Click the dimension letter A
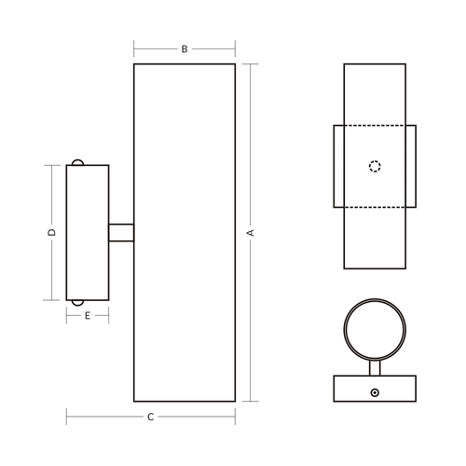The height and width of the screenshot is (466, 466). pos(251,233)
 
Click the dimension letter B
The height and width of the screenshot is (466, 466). pos(185,49)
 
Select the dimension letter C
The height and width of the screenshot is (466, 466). pos(151,417)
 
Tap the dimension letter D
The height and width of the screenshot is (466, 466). pos(52,232)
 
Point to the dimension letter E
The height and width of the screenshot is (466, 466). pos(88,316)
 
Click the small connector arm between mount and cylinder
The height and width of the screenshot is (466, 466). pos(121,233)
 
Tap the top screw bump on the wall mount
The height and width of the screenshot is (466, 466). pos(77,162)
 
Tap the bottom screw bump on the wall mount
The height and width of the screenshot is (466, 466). pos(77,303)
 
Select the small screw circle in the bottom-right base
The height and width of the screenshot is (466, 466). pos(375,392)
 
